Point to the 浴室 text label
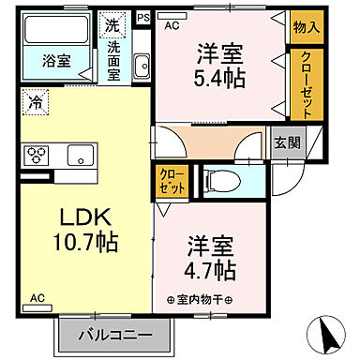tap(55, 62)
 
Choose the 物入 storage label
tap(305, 27)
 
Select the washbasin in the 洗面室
tap(142, 65)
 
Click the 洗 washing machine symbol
tap(112, 24)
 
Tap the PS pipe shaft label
tap(142, 16)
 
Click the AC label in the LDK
tap(37, 298)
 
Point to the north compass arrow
tap(328, 332)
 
